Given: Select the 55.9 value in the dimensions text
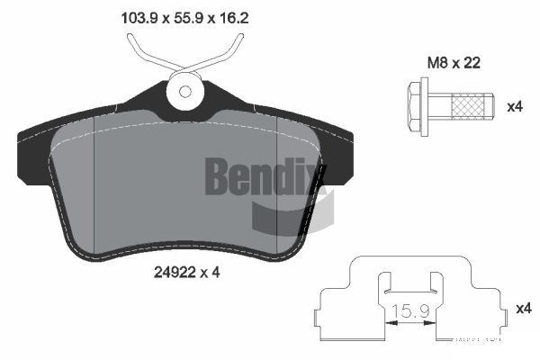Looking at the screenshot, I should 186,15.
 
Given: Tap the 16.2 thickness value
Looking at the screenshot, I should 233,15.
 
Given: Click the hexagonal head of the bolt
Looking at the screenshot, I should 416,106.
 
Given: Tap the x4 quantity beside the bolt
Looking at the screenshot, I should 515,106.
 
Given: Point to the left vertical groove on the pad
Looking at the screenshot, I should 94,180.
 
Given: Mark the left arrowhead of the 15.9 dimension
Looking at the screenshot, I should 390,319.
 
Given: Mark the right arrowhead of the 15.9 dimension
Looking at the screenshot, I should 436,319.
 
